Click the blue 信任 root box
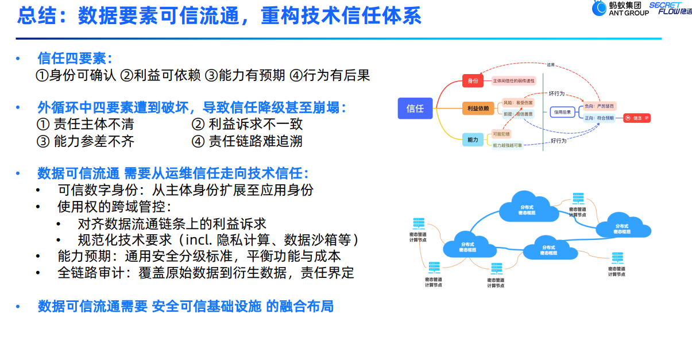tap(415, 108)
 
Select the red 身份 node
tap(473, 81)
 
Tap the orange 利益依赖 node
tap(477, 108)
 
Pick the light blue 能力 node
tap(473, 139)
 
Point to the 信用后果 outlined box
tap(562, 112)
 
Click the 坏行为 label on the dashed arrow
tap(557, 93)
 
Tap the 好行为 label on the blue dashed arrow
tap(558, 141)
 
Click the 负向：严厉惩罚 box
tap(599, 106)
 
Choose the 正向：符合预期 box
tap(599, 118)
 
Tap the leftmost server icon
tap(418, 223)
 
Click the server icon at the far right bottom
tap(617, 258)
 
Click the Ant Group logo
tap(621, 9)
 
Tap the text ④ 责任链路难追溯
tap(247, 141)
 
